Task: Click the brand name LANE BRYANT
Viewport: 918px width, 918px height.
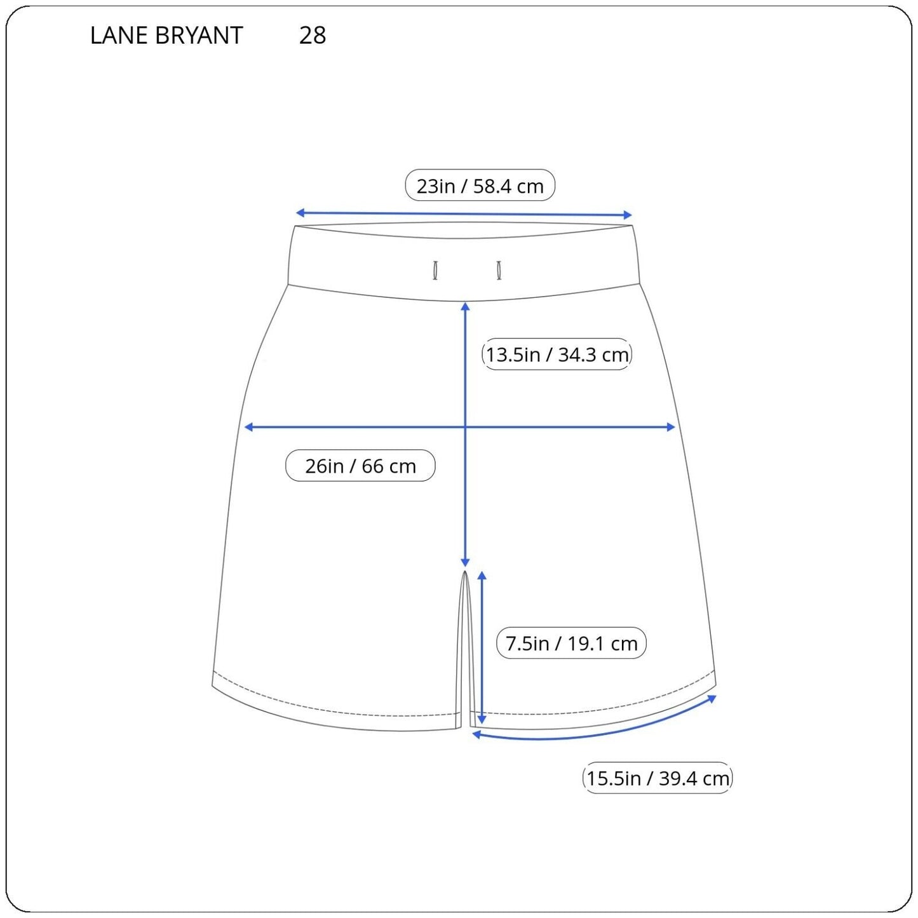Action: tap(166, 36)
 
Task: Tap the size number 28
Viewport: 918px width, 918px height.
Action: tap(313, 36)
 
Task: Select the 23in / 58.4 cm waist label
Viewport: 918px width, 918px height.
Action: tap(480, 186)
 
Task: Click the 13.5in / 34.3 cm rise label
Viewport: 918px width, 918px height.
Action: tap(557, 354)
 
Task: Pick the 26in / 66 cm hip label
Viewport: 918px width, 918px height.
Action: tap(360, 466)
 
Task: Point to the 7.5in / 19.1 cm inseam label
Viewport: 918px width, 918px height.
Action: tap(571, 643)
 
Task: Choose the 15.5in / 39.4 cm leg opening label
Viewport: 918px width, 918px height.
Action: tap(658, 778)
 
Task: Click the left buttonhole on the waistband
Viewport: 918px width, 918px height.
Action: tap(435, 270)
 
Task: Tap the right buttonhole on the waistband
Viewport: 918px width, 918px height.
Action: tap(499, 270)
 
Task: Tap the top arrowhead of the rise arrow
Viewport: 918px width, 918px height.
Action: tap(465, 307)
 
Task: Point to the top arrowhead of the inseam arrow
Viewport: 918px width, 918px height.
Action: tap(482, 576)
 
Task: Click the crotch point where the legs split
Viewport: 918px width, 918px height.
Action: tap(465, 572)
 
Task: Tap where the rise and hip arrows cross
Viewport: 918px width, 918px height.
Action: tap(465, 427)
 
